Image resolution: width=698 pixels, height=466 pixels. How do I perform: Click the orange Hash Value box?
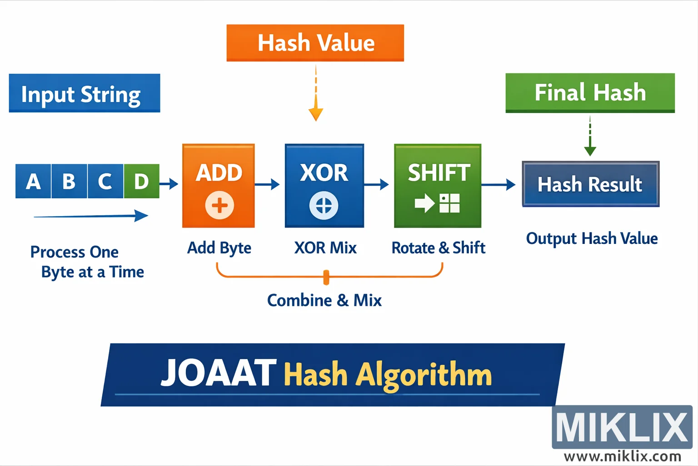315,43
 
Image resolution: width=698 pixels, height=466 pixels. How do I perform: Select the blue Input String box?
85,93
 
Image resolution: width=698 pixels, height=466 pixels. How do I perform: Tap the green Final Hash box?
590,92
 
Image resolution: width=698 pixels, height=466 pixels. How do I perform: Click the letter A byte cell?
33,181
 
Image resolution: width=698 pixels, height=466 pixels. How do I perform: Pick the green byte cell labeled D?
141,181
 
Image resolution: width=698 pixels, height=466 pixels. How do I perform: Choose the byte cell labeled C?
105,181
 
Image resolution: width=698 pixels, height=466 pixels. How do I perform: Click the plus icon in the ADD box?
219,205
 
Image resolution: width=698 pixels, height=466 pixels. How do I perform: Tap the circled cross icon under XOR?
324,205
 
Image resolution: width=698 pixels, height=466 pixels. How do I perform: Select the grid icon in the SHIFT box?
449,203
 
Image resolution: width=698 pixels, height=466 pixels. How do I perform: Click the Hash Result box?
590,184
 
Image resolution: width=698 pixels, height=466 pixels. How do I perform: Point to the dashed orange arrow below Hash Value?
316,93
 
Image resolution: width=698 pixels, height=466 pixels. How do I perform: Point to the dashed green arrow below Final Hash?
590,136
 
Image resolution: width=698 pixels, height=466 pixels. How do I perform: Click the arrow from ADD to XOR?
267,184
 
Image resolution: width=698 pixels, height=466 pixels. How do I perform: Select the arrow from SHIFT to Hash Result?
499,185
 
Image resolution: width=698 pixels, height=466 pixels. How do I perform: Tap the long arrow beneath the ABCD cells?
91,216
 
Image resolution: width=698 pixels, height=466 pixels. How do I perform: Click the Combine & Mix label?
324,300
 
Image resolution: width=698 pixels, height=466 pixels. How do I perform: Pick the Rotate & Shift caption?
439,248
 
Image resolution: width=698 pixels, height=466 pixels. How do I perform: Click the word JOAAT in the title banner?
219,374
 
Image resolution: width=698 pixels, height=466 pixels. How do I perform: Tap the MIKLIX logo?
622,427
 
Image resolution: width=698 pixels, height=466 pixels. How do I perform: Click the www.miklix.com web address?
622,456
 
